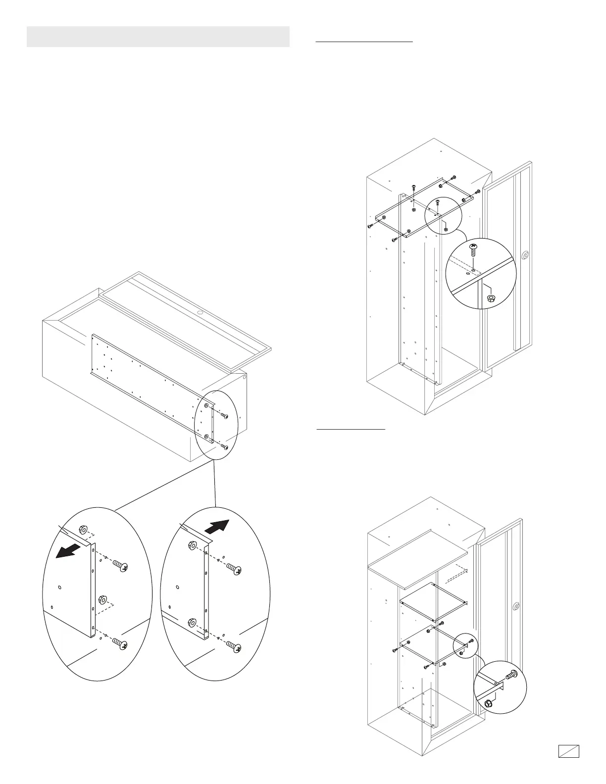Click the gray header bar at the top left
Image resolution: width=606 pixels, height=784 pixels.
click(x=158, y=37)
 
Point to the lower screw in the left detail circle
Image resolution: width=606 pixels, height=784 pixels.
click(x=120, y=644)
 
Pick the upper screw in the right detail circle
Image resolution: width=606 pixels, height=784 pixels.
click(x=234, y=570)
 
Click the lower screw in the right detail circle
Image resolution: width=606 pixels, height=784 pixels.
click(x=234, y=647)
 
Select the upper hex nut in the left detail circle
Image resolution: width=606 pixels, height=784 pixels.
click(x=83, y=529)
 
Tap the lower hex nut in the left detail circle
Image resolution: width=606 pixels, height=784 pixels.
click(x=103, y=599)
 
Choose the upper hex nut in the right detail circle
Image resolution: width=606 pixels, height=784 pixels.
click(x=191, y=546)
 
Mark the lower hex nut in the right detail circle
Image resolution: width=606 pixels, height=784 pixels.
click(x=192, y=623)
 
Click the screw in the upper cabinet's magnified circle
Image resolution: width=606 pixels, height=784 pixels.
click(x=473, y=249)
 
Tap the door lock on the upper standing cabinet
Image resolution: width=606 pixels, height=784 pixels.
click(x=525, y=256)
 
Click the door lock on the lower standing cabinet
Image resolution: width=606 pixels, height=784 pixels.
click(x=516, y=606)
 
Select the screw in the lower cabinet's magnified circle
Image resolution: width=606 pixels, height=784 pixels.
click(x=511, y=674)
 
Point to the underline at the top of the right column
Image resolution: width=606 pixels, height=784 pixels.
click(x=364, y=43)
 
